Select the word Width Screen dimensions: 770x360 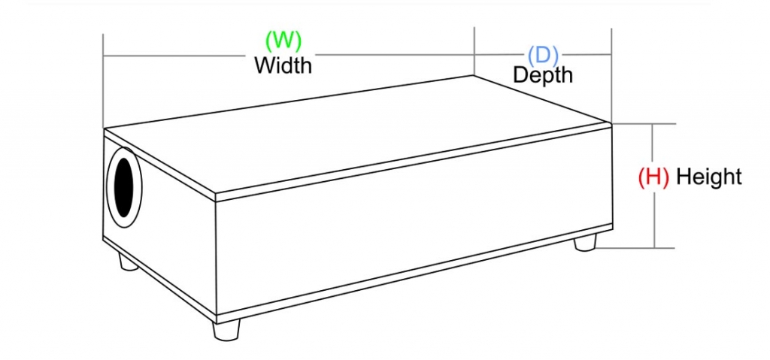(283, 65)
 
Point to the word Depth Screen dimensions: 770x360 (542, 74)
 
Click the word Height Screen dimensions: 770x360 (708, 177)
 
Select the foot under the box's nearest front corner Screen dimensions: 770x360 (226, 328)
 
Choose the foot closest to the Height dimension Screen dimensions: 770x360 (586, 242)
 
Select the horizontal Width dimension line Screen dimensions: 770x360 (188, 56)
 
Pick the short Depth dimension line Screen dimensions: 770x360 (587, 54)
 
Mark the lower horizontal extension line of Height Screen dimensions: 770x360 (639, 247)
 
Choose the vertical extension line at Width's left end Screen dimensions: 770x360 (103, 83)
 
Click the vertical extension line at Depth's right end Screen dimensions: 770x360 (611, 75)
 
